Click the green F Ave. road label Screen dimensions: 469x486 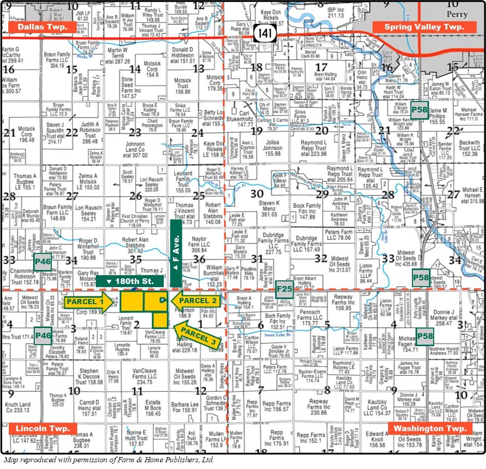[x=176, y=252]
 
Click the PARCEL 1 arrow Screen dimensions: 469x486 [x=87, y=301]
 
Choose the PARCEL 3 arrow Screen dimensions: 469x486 [x=197, y=334]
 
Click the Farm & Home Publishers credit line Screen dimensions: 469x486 [x=108, y=459]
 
